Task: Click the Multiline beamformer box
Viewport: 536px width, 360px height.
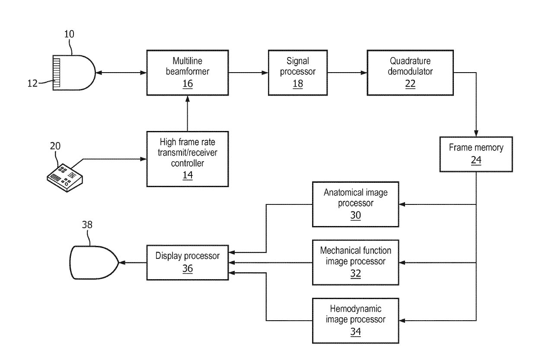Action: [188, 73]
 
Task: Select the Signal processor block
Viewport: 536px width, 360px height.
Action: [298, 73]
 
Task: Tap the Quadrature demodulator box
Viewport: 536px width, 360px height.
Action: [410, 73]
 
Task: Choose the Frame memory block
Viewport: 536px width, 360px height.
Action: [476, 154]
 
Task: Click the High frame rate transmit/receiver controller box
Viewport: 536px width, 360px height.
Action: [188, 159]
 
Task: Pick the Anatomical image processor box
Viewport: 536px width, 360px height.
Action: [356, 204]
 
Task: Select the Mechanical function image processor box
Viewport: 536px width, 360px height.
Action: [356, 262]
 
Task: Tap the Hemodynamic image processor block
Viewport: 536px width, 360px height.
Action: [356, 321]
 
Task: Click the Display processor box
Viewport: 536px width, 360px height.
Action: [188, 263]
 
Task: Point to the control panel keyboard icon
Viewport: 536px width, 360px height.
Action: [64, 178]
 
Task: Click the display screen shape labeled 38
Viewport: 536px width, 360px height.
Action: [94, 262]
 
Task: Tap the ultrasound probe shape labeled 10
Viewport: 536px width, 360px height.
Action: [74, 73]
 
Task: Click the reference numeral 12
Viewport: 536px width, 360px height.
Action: [32, 83]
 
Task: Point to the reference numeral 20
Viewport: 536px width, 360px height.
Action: [55, 146]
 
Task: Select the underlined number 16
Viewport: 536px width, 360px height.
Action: [188, 84]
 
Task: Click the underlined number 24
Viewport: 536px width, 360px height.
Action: [476, 160]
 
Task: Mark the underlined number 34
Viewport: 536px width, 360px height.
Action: [356, 332]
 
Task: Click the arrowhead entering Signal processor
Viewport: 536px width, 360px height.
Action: [265, 73]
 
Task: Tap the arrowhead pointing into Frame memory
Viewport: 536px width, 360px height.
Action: [476, 133]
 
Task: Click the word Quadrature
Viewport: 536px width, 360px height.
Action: [410, 61]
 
